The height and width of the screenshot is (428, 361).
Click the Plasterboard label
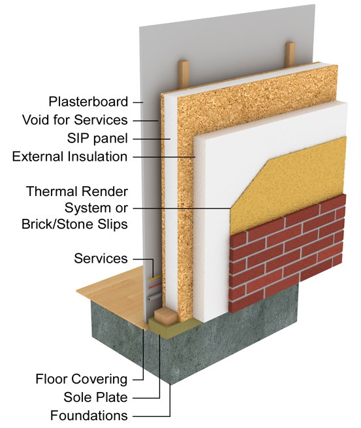coord(88,102)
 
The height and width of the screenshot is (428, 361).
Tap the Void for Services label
coord(75,120)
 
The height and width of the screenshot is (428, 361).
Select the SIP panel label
coord(97,139)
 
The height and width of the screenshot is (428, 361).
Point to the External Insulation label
coord(70,157)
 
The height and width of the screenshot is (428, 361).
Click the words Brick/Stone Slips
coord(74,224)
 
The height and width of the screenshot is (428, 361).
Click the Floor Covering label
coord(82,379)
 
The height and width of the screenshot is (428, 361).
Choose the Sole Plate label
coord(95,397)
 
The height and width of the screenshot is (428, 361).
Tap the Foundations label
coord(89,416)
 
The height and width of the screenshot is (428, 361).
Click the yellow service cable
coord(155,278)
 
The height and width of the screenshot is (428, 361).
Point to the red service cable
coord(155,286)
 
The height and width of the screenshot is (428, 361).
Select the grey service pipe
coord(155,297)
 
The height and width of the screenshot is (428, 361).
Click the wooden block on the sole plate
coord(166,317)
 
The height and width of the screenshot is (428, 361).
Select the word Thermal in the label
coord(53,191)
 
